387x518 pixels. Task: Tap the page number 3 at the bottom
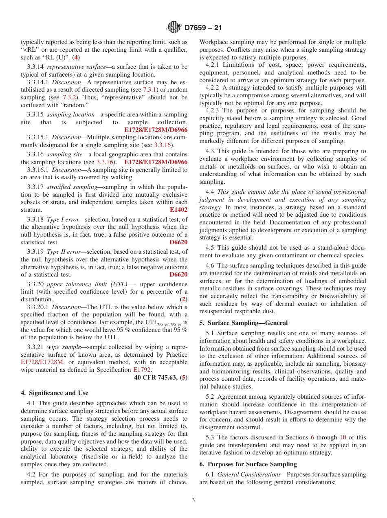[x=193, y=500]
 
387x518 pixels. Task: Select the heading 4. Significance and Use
[x=55, y=393]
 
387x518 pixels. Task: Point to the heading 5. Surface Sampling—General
[x=244, y=323]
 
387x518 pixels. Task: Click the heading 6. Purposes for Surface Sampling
[x=248, y=464]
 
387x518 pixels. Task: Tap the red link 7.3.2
[x=69, y=97]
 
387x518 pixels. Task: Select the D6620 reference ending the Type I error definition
[x=178, y=242]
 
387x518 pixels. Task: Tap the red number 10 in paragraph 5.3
[x=343, y=437]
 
